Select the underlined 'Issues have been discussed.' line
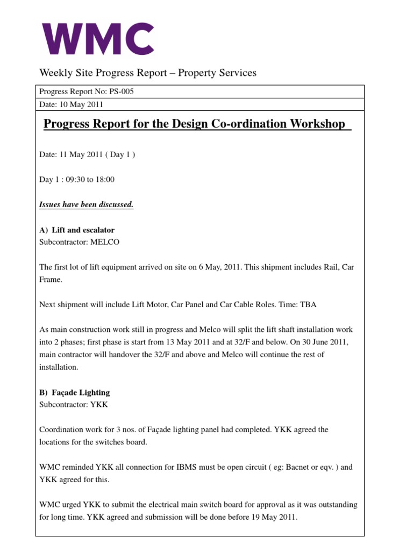pos(86,204)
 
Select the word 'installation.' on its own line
pos(60,367)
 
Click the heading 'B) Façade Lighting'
pos(75,393)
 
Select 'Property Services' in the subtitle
pos(217,73)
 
